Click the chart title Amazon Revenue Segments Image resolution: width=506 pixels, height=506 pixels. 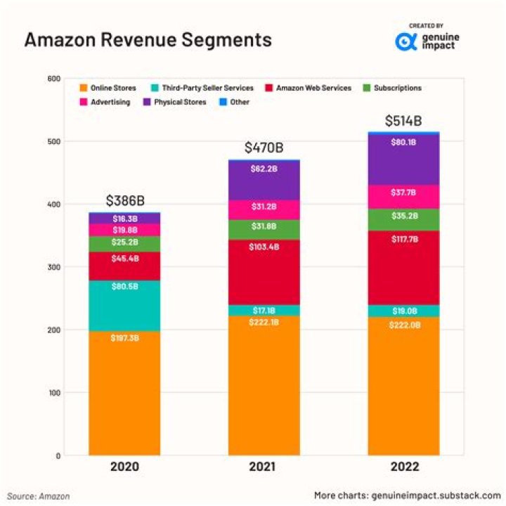click(148, 40)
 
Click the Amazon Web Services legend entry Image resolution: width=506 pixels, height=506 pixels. click(307, 88)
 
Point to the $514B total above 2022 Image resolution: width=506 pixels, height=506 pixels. click(404, 121)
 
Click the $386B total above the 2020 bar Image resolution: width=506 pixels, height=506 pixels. click(124, 201)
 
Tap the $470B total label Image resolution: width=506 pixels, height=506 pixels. click(264, 148)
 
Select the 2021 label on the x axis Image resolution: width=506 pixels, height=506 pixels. click(264, 467)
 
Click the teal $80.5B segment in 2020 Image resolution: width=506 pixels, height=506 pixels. click(124, 306)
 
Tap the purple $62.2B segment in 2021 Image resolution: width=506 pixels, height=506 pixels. click(264, 180)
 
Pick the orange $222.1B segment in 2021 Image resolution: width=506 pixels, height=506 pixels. click(264, 385)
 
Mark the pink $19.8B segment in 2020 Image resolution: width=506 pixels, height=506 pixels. click(124, 230)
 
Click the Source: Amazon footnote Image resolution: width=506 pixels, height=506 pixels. click(39, 495)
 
